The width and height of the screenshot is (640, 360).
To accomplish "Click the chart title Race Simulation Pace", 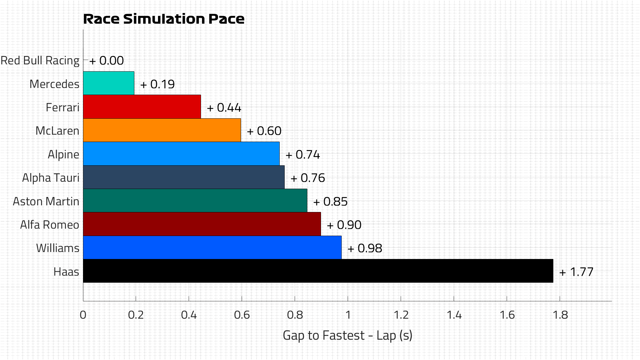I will (164, 19).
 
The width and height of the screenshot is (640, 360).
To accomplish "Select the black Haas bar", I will (318, 271).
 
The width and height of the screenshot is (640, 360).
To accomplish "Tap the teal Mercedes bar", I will (109, 83).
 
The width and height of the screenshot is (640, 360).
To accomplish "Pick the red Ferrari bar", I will (142, 107).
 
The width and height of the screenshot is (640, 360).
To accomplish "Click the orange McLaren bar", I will (162, 130).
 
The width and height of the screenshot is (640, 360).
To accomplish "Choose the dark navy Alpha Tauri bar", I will (184, 177).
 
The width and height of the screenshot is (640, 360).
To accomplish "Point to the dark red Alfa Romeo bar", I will (202, 224).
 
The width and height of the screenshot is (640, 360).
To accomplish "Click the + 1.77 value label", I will (576, 272).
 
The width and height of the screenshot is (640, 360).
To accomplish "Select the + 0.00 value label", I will (107, 61).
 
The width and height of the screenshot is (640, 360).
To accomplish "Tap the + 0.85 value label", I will (330, 202).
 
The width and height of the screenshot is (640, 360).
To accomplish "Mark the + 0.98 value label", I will (365, 248).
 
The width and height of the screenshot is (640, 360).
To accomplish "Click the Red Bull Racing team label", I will (40, 61).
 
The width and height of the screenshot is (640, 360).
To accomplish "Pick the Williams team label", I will (58, 248).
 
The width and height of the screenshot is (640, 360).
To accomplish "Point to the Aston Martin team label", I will (46, 202).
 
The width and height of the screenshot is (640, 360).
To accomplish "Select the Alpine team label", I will (63, 155).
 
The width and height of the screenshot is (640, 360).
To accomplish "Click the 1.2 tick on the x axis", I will (401, 315).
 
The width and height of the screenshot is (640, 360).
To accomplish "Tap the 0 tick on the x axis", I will (83, 315).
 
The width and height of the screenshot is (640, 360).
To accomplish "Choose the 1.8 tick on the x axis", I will (560, 315).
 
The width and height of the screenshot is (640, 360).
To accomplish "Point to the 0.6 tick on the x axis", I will (242, 315).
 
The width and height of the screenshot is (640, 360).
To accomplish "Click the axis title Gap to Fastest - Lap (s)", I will (347, 335).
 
